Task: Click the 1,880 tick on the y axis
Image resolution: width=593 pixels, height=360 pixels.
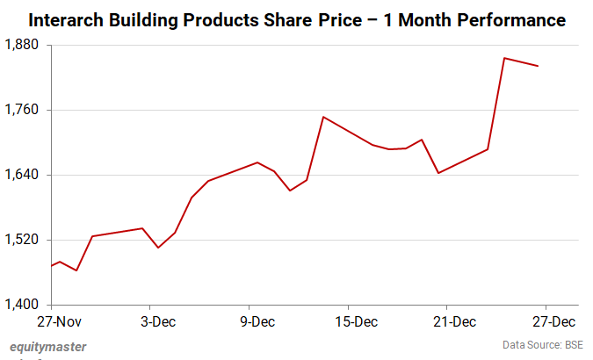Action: click(25, 45)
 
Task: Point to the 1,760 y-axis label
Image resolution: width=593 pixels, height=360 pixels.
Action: click(25, 110)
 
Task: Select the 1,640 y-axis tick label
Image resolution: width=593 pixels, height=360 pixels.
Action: click(25, 175)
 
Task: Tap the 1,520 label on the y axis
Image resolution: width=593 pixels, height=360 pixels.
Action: click(25, 240)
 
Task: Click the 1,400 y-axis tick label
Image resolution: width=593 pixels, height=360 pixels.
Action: click(25, 305)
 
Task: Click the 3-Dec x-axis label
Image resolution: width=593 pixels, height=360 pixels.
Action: click(158, 321)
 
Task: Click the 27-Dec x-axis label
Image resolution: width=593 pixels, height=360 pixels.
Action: click(553, 321)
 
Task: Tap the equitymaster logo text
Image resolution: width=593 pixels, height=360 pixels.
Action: click(48, 347)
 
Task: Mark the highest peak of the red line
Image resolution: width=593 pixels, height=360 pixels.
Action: click(503, 58)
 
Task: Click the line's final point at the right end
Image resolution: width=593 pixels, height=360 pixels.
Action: click(537, 66)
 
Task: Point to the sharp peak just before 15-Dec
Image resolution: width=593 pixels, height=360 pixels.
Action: click(323, 117)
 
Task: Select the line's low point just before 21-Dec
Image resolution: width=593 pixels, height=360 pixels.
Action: click(438, 173)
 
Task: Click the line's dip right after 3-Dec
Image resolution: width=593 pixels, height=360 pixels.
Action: click(158, 248)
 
